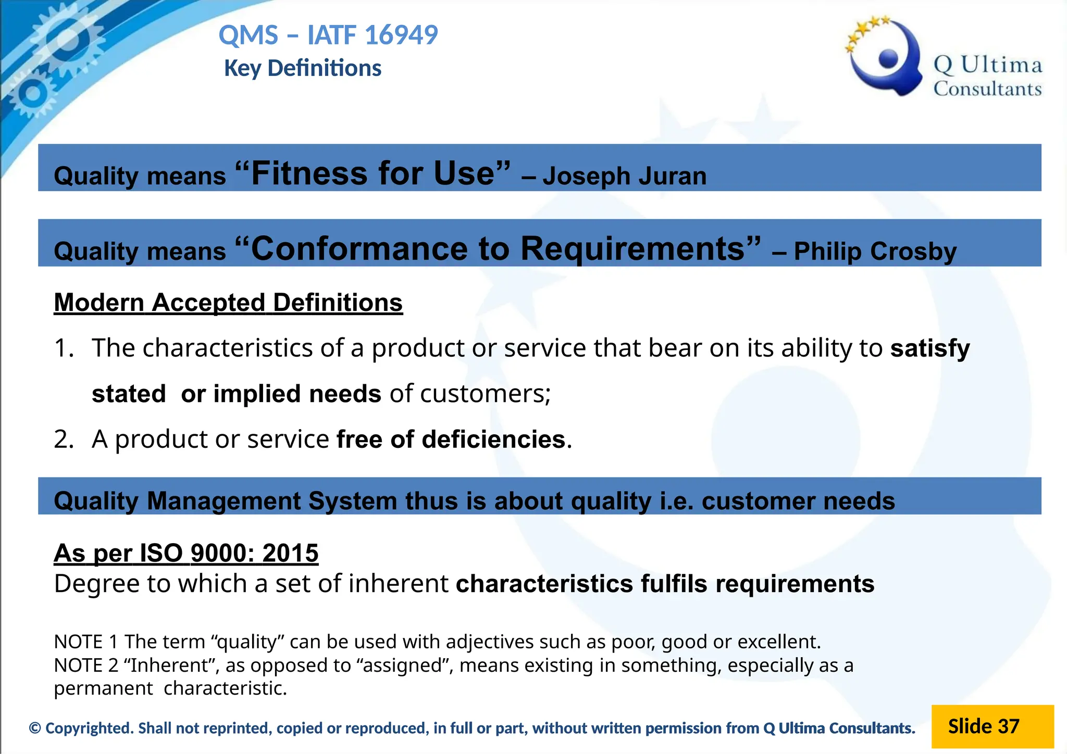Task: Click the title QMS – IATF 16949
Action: pos(328,35)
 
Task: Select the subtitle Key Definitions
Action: pos(303,68)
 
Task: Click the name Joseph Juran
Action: pos(624,176)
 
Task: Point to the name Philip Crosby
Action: pos(875,251)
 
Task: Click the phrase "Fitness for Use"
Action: pos(373,173)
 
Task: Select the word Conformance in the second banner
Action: pos(360,248)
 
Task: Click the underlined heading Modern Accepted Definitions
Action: pos(228,303)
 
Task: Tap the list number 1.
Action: pos(63,348)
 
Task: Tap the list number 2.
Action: pos(63,439)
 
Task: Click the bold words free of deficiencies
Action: pos(451,439)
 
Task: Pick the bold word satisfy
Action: pos(930,348)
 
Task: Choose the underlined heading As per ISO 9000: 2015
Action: pos(186,553)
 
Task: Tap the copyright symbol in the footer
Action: pos(35,728)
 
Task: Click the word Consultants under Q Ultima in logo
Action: pos(987,89)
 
